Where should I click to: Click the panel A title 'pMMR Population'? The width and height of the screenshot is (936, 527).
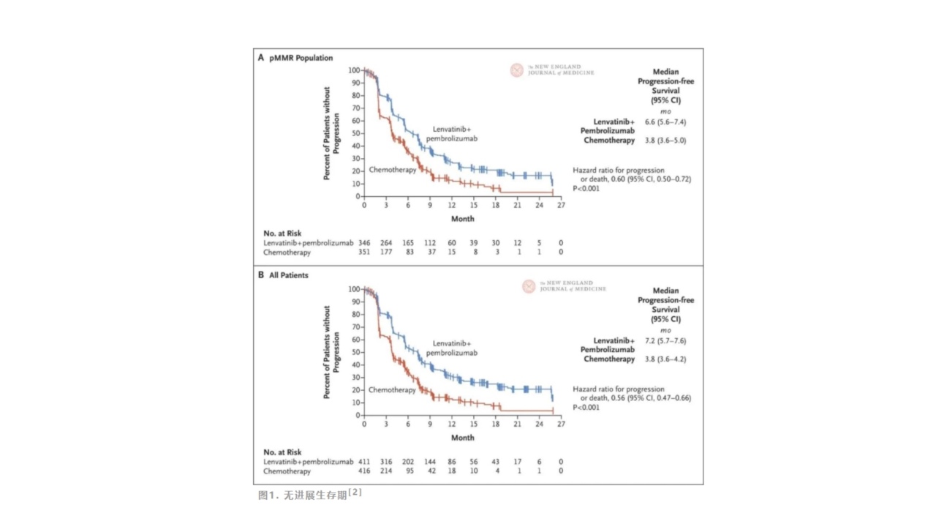(300, 57)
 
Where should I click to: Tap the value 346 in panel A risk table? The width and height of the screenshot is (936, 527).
(365, 242)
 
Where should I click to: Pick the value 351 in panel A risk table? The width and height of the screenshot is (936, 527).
(365, 253)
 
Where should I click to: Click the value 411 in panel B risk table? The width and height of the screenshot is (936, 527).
(365, 462)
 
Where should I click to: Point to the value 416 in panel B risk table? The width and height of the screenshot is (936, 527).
(365, 471)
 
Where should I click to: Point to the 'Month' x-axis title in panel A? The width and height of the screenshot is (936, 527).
(462, 218)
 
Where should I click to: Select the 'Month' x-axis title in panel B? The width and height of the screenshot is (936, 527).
(462, 438)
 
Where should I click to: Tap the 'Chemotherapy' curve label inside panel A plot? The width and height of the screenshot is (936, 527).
(392, 170)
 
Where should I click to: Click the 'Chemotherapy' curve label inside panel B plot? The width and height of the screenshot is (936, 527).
(392, 390)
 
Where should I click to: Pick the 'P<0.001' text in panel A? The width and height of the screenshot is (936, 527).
(586, 188)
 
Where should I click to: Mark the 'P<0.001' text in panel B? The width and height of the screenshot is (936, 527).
(586, 407)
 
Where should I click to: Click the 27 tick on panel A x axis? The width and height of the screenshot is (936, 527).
(560, 206)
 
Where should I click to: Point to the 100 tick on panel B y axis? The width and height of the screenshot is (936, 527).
(355, 290)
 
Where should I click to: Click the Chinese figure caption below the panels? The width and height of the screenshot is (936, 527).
(310, 496)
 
